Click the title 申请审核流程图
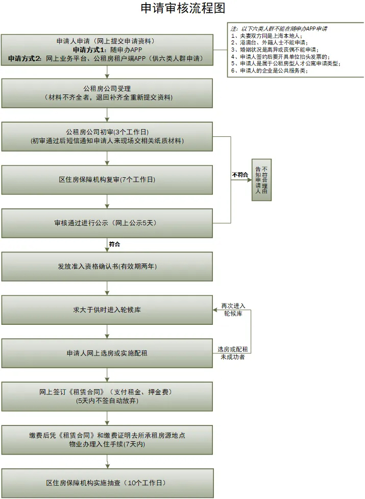click(182, 9)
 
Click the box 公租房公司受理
click(107, 93)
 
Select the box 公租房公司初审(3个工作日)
click(107, 136)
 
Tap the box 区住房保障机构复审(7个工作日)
click(107, 180)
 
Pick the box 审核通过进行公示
click(107, 223)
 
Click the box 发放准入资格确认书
click(107, 267)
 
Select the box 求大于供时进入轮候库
click(107, 310)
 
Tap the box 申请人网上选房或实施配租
click(107, 353)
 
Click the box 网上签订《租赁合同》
click(107, 396)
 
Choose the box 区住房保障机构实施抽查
click(107, 483)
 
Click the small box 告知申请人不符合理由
click(261, 180)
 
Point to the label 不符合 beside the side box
click(240, 175)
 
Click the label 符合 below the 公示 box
click(114, 245)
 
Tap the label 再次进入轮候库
click(233, 310)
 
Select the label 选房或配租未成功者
click(232, 353)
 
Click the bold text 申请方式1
click(90, 50)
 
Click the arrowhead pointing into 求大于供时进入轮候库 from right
click(215, 310)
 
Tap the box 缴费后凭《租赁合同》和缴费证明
click(107, 440)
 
